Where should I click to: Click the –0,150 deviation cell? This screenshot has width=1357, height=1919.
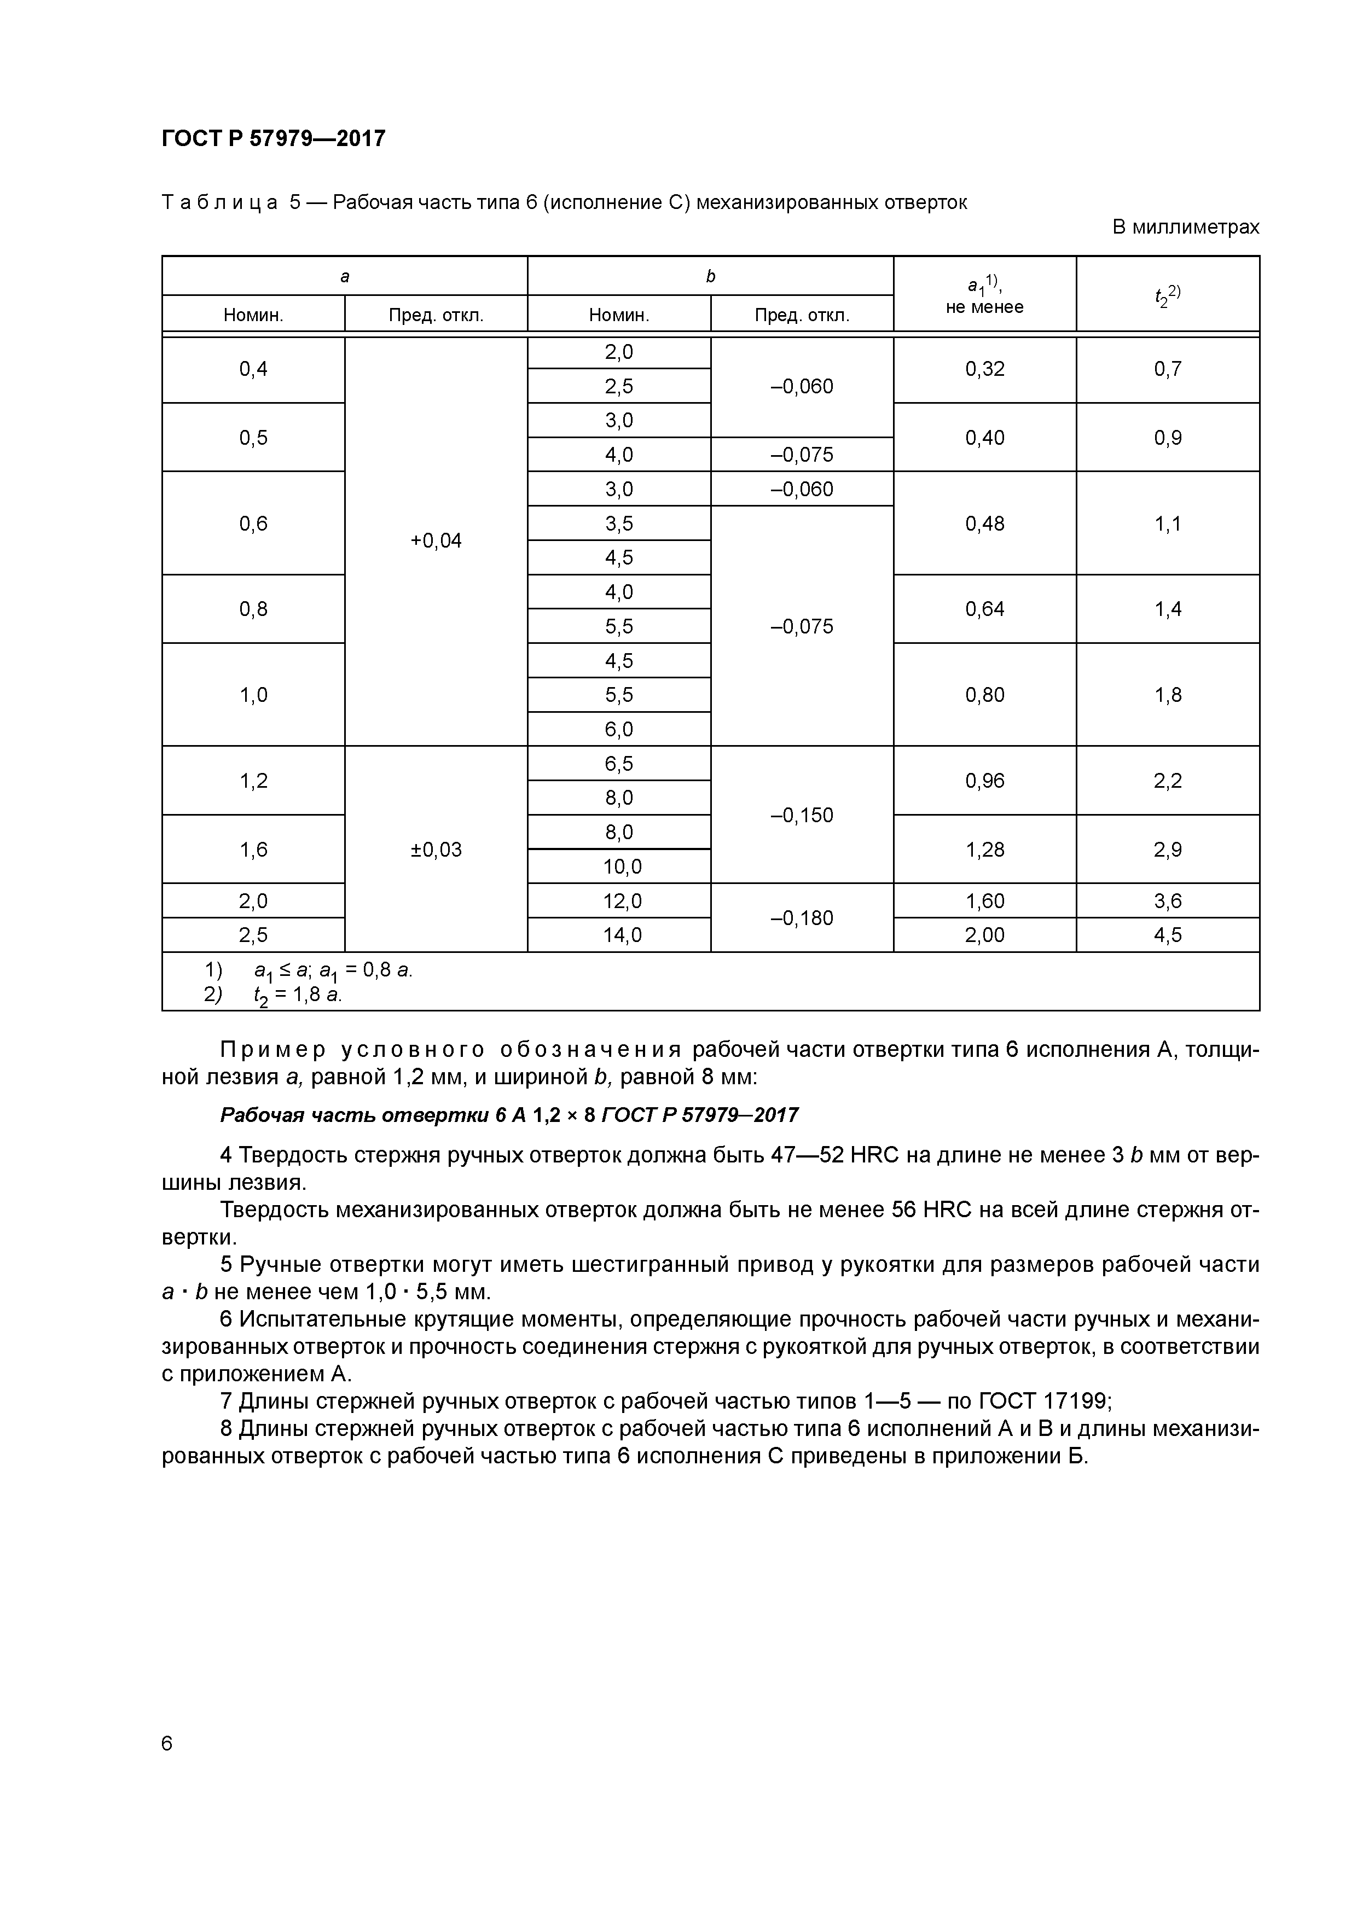point(801,815)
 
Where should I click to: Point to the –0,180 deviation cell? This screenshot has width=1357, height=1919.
point(801,918)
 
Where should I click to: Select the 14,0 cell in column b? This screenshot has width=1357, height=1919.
point(619,934)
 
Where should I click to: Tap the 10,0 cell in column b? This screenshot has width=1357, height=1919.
point(619,867)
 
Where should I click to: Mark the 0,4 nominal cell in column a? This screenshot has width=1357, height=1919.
point(253,369)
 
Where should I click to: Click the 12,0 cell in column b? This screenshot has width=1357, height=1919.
point(619,901)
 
